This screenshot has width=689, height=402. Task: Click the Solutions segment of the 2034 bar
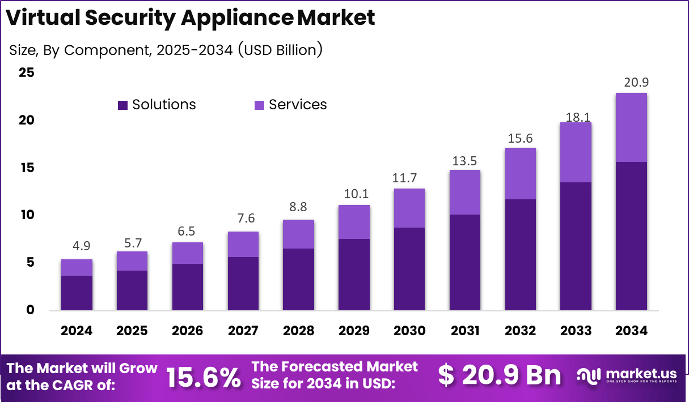631,236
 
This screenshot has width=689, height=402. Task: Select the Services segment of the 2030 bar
409,208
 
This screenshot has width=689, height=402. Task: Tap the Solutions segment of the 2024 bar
77,293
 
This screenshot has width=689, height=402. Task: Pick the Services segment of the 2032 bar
520,173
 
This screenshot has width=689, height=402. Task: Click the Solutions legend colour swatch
123,105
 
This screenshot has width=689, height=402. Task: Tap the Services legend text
298,105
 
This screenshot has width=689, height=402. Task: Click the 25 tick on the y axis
26,72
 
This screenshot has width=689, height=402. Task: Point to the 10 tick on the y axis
26,215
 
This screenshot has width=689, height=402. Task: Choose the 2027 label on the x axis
243,331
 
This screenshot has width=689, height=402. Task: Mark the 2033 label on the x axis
576,331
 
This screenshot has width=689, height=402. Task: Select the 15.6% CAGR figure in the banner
204,377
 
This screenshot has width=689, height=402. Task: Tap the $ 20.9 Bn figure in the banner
500,375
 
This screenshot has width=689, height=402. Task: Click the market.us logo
627,375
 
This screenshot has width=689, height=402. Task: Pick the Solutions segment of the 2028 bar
298,279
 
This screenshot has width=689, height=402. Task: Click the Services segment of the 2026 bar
188,253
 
